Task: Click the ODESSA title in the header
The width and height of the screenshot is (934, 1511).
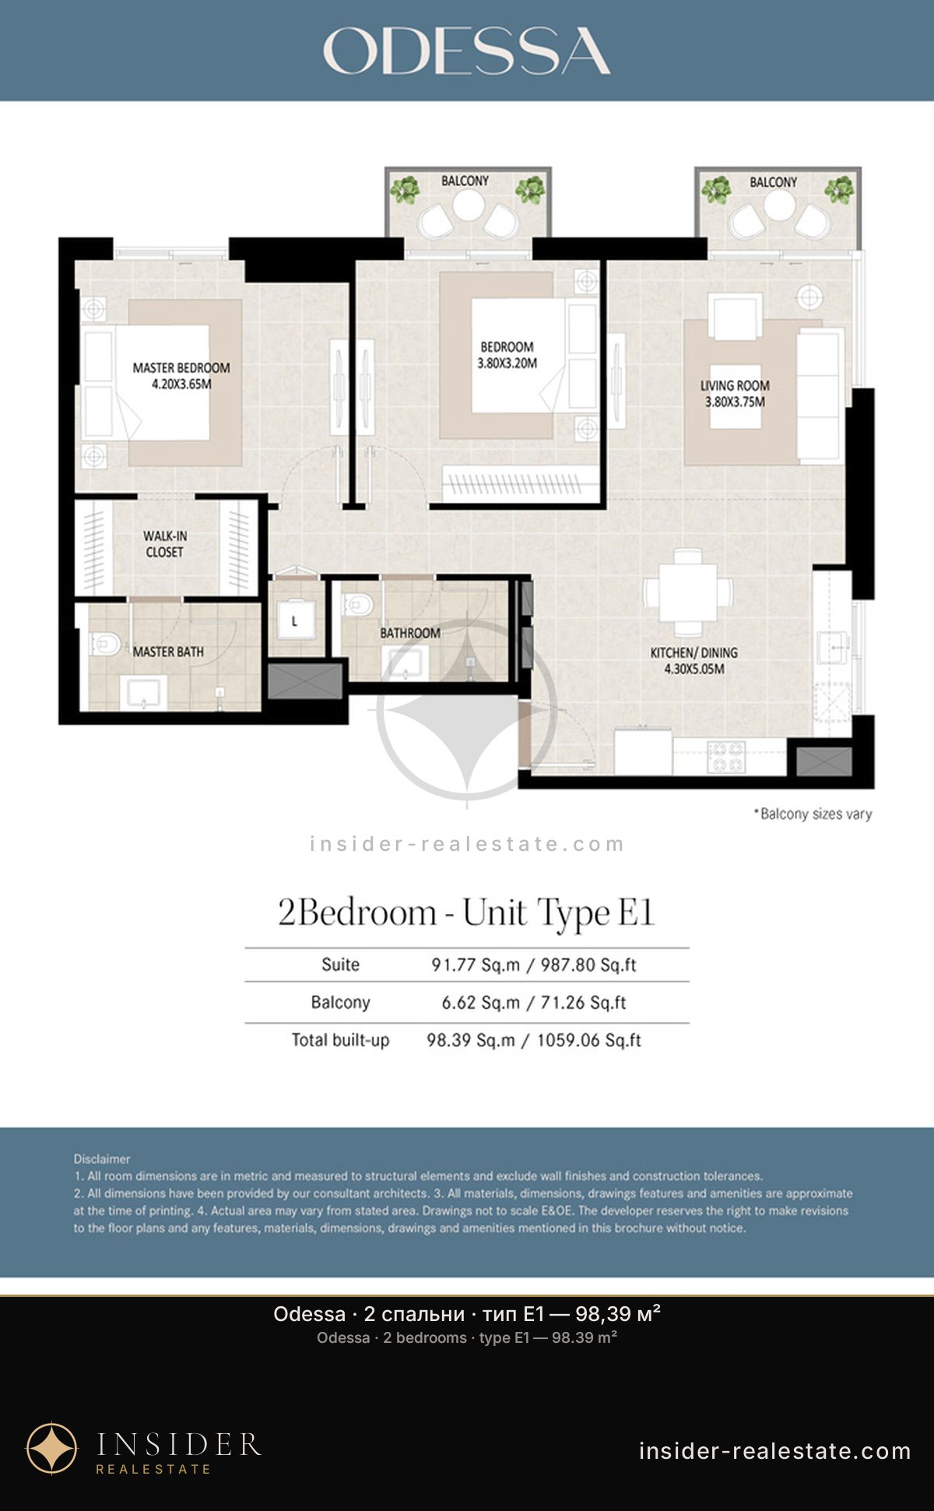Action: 466,51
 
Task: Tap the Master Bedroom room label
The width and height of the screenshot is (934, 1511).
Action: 181,367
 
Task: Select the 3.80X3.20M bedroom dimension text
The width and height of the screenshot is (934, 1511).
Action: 507,363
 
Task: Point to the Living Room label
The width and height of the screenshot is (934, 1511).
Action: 735,385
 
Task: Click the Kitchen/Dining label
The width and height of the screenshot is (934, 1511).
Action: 694,652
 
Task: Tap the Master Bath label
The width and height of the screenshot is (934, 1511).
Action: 168,652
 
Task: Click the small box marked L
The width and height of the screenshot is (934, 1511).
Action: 294,620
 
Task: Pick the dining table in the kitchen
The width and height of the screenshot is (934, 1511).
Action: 688,592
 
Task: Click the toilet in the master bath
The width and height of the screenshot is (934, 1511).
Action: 105,644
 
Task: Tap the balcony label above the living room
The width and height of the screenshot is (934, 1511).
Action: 773,182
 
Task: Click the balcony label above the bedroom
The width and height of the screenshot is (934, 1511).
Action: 465,181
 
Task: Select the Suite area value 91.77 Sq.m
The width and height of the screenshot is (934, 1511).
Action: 476,965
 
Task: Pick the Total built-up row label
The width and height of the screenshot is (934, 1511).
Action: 340,1040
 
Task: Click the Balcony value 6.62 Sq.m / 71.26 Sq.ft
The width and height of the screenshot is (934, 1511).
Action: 534,1003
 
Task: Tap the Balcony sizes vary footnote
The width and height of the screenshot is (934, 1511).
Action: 813,814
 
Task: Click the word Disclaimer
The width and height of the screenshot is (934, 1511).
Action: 102,1159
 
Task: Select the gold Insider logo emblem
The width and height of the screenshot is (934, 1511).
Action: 52,1449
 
